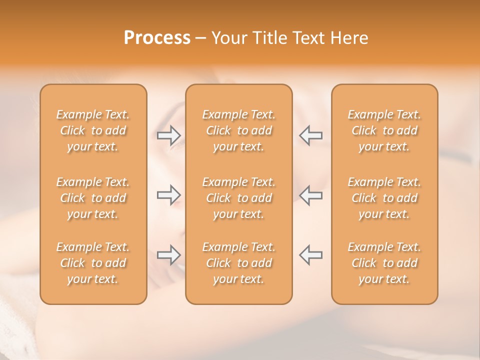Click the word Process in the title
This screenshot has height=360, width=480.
pyautogui.click(x=157, y=38)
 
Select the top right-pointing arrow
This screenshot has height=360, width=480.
pyautogui.click(x=169, y=134)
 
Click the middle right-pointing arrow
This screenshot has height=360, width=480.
pyautogui.click(x=169, y=194)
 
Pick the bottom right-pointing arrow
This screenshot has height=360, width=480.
pyautogui.click(x=169, y=254)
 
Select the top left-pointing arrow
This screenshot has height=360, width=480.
pyautogui.click(x=310, y=134)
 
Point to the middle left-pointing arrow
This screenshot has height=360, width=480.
pyautogui.click(x=310, y=194)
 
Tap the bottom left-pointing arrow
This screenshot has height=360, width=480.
pyautogui.click(x=310, y=254)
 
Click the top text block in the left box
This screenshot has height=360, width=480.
pyautogui.click(x=93, y=130)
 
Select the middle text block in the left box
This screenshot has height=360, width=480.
pyautogui.click(x=93, y=198)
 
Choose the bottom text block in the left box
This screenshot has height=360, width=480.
pyautogui.click(x=93, y=263)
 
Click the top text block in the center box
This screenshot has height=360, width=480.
pyautogui.click(x=238, y=130)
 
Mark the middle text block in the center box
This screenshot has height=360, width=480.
pyautogui.click(x=238, y=198)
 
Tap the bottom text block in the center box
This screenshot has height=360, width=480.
pyautogui.click(x=238, y=263)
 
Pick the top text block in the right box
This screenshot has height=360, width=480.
pyautogui.click(x=384, y=130)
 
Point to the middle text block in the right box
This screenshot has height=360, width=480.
pyautogui.click(x=384, y=198)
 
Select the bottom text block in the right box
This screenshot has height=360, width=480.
pyautogui.click(x=384, y=263)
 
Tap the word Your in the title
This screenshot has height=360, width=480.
pyautogui.click(x=227, y=38)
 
